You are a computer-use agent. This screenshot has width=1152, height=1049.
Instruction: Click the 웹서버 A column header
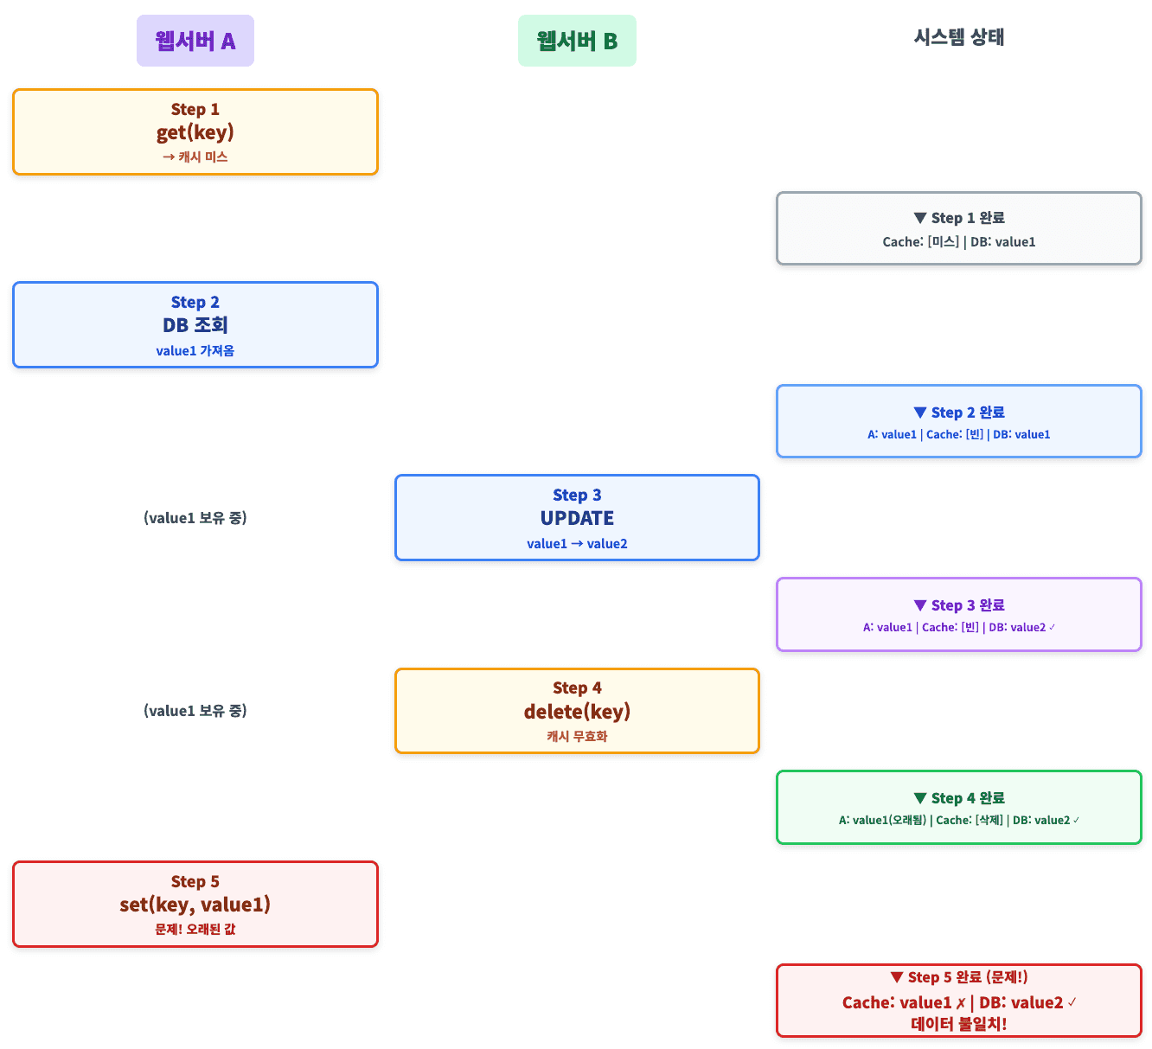click(x=195, y=41)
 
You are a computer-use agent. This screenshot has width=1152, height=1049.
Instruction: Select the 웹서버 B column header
click(x=577, y=41)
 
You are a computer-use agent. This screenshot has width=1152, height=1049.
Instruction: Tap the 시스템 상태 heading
click(x=958, y=37)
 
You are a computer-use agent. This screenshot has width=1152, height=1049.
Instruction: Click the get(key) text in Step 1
click(x=195, y=132)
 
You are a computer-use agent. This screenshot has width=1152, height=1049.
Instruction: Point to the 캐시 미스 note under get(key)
click(x=195, y=157)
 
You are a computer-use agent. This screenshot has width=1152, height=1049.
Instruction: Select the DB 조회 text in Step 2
click(x=195, y=325)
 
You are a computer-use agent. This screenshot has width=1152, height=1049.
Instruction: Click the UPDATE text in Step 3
click(x=577, y=518)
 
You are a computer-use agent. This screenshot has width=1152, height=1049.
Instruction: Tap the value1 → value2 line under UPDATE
click(x=577, y=543)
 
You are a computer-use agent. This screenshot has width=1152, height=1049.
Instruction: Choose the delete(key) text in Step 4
click(x=577, y=711)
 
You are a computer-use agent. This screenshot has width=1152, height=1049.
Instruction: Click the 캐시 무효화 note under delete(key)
click(x=577, y=736)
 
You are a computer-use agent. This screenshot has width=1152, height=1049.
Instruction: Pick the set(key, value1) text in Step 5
click(x=195, y=905)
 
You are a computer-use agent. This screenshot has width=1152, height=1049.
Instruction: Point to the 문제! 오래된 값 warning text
click(x=195, y=929)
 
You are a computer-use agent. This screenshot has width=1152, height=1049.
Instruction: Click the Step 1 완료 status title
click(x=959, y=218)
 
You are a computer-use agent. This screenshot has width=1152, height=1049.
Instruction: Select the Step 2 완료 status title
click(x=959, y=413)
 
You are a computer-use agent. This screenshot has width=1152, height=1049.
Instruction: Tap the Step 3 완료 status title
click(x=959, y=605)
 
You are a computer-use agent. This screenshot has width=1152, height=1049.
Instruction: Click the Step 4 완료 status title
click(x=959, y=798)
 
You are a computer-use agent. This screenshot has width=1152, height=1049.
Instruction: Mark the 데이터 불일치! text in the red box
click(x=959, y=1024)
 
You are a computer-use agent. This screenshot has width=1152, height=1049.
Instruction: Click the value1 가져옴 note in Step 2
click(x=195, y=350)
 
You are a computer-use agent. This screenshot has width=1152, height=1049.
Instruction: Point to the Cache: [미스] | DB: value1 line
click(x=959, y=242)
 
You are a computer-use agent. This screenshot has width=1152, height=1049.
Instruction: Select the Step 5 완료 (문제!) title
click(x=959, y=977)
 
